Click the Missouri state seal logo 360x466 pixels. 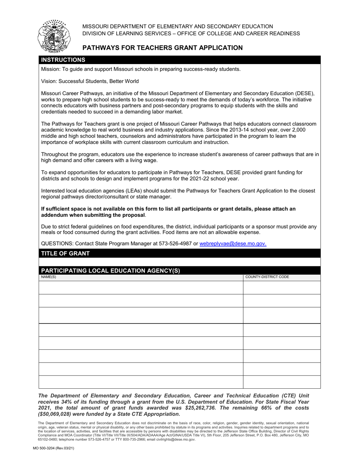coord(54,36)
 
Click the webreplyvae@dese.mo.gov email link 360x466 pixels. coord(233,244)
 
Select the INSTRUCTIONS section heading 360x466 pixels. coord(63,60)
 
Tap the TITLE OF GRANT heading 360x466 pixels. coord(65,253)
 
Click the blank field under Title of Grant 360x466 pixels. coord(180,262)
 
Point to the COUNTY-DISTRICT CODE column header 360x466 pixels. coord(267,277)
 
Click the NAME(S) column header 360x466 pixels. coord(49,277)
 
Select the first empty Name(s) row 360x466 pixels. coord(141,288)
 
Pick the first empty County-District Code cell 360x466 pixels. coord(282,288)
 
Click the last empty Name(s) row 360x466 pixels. coord(141,382)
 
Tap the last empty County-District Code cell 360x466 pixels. coord(282,382)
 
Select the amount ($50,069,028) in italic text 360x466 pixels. coord(59,414)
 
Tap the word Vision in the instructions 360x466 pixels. coord(49,81)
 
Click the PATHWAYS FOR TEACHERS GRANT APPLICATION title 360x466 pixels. coord(163,48)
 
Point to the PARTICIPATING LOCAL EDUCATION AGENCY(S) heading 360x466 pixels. coord(110,271)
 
